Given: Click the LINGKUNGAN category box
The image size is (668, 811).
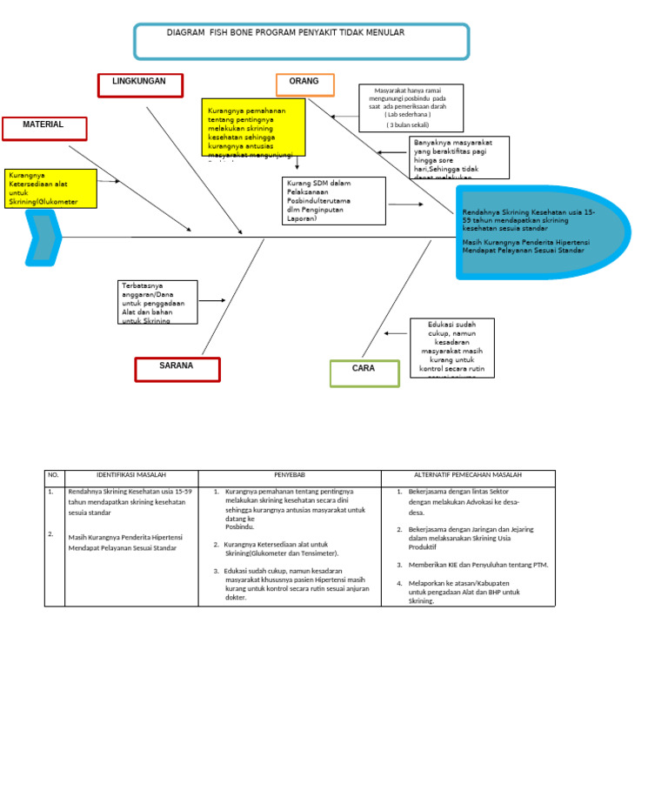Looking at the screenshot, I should [140, 84].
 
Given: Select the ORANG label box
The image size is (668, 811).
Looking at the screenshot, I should [304, 84].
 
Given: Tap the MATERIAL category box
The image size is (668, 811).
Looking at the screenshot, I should [44, 128].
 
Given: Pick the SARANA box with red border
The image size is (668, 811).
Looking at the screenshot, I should [177, 369].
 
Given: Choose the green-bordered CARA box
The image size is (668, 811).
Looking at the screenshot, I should [364, 372].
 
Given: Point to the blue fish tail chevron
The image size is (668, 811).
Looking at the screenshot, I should [43, 237].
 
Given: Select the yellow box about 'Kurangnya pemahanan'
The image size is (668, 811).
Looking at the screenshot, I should [253, 127].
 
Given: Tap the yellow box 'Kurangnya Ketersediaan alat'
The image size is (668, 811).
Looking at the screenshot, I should [50, 188].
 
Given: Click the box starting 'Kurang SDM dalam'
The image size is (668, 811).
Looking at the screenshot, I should [333, 201].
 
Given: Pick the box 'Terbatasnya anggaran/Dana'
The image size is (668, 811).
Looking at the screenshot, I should [157, 302].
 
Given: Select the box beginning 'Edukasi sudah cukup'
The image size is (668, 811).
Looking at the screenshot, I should [451, 347].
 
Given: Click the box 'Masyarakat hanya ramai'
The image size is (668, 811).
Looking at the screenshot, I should [411, 108].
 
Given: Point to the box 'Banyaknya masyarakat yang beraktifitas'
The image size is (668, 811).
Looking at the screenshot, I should [458, 158].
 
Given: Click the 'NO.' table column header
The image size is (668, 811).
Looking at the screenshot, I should [54, 477].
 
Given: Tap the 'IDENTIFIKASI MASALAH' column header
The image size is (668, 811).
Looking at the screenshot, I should [131, 477].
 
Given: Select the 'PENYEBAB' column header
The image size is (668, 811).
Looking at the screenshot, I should [289, 477].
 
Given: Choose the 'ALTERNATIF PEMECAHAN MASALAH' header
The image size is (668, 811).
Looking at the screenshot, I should [467, 477].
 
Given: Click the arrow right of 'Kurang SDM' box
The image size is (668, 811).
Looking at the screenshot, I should [405, 204].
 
